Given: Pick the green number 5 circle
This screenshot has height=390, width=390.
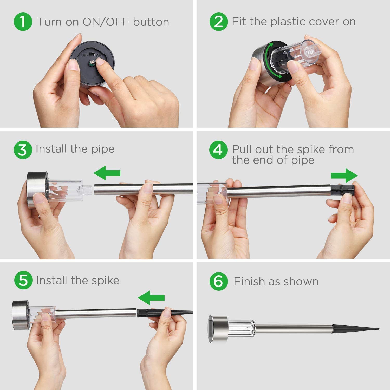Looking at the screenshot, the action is (23, 280).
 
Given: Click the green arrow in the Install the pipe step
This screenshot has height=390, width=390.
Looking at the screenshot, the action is (107, 173).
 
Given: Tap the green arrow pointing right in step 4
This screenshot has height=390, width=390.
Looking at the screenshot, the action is (344, 175).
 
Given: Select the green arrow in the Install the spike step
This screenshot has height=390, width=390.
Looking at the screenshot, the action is (151, 298).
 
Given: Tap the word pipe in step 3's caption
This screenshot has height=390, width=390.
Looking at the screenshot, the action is (103, 149).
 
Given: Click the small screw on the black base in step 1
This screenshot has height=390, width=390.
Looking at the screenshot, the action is (92, 63).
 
